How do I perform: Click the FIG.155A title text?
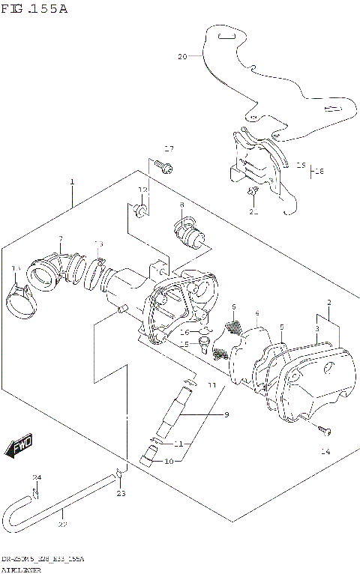pyautogui.click(x=35, y=9)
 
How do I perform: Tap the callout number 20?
pyautogui.click(x=181, y=56)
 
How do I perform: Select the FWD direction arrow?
pyautogui.click(x=17, y=447)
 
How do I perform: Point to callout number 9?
pyautogui.click(x=205, y=414)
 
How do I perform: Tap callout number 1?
pyautogui.click(x=72, y=182)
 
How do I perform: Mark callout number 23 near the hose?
pyautogui.click(x=121, y=493)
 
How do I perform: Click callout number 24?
pyautogui.click(x=36, y=477)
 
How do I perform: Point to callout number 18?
pyautogui.click(x=319, y=171)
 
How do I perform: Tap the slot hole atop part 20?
pyautogui.click(x=226, y=36)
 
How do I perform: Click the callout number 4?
pyautogui.click(x=256, y=313)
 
